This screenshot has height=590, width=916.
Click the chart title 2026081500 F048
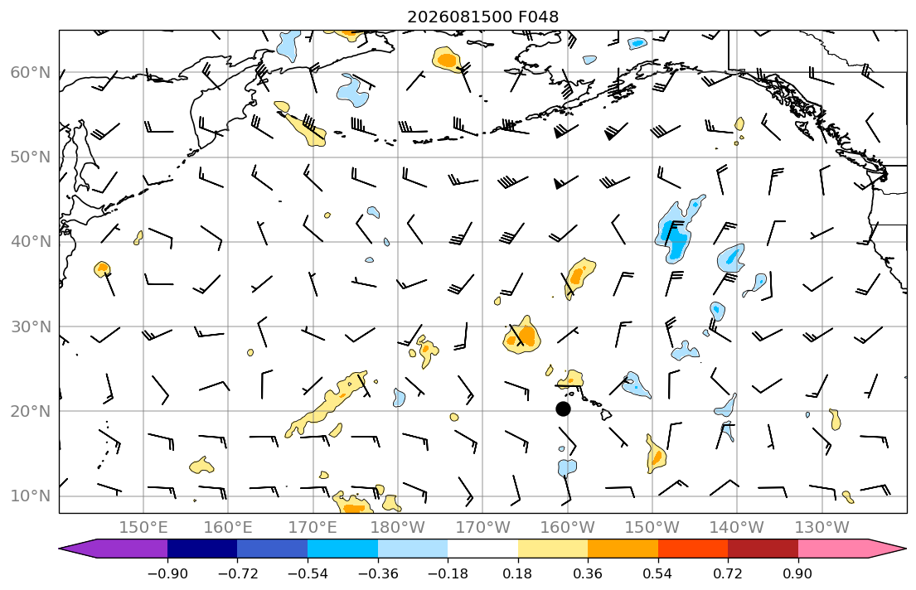(482, 17)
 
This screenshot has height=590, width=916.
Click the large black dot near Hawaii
(563, 409)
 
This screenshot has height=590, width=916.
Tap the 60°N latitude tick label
(31, 73)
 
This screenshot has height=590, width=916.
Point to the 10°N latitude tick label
(31, 496)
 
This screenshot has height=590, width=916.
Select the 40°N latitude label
(31, 242)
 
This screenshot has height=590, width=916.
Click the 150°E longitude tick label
(143, 528)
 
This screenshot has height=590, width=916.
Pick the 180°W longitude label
(398, 528)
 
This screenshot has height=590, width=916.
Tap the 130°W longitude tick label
(822, 528)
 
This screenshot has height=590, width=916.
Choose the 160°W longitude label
(567, 528)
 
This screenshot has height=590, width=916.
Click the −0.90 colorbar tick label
(167, 573)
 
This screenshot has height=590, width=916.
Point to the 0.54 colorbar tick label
(658, 573)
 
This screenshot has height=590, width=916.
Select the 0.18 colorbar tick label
(517, 573)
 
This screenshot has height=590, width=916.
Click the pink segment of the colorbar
(833, 549)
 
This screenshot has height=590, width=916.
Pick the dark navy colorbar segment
(202, 549)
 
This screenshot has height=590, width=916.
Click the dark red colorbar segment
(763, 549)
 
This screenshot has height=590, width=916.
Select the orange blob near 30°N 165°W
(521, 336)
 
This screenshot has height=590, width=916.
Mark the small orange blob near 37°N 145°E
(102, 268)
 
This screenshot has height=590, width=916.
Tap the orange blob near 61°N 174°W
(447, 59)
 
